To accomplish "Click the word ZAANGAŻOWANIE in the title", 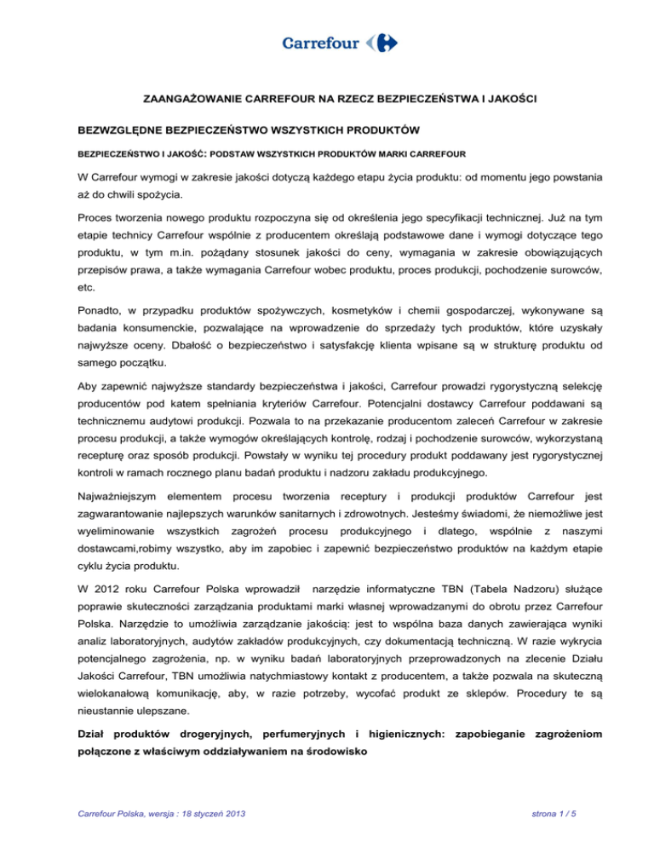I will point(192,101).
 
